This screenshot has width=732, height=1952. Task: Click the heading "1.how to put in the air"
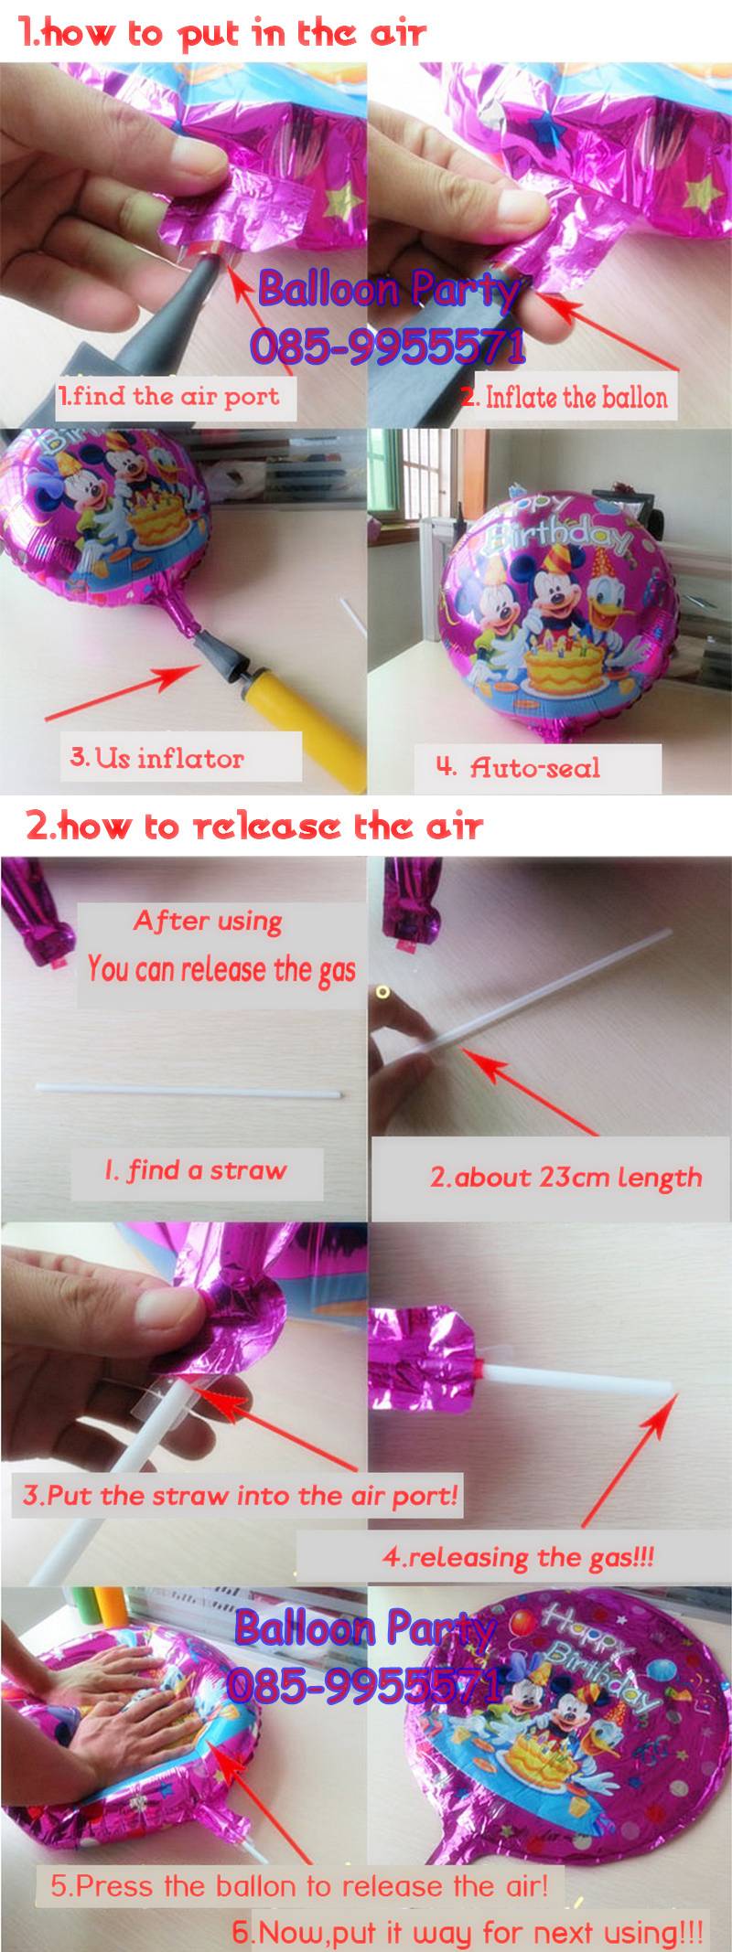coord(222,34)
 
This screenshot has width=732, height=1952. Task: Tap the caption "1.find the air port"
coord(169,396)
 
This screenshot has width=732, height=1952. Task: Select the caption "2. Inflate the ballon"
coord(565,397)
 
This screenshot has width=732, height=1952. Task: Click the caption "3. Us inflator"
coord(157,758)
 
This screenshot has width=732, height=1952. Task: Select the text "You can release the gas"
coord(221,969)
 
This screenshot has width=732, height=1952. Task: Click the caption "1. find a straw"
coord(196,1170)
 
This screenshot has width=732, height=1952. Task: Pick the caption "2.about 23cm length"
coord(566,1177)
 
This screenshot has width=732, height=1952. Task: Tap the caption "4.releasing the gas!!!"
coord(519,1556)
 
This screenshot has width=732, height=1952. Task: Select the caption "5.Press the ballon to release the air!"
coord(299,1885)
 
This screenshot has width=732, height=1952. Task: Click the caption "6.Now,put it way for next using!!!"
coord(468,1932)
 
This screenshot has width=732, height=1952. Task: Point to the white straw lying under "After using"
coord(188,1090)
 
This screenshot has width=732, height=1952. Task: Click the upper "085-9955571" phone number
coord(388,346)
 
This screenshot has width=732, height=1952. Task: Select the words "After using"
coord(208,921)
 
